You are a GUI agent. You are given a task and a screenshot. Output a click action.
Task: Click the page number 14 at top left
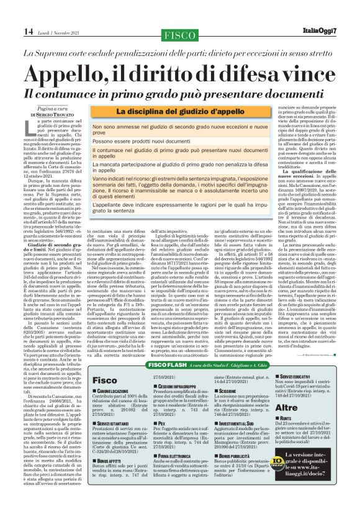click(12, 32)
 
